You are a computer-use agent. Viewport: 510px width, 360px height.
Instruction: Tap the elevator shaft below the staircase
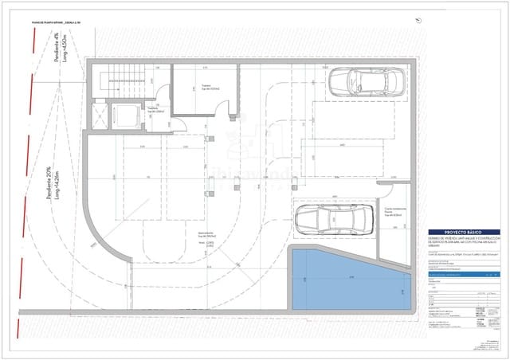[120, 116]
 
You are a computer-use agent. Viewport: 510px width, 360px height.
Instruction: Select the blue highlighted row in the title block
[462, 274]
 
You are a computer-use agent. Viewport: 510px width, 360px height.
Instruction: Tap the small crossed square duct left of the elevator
[99, 117]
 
